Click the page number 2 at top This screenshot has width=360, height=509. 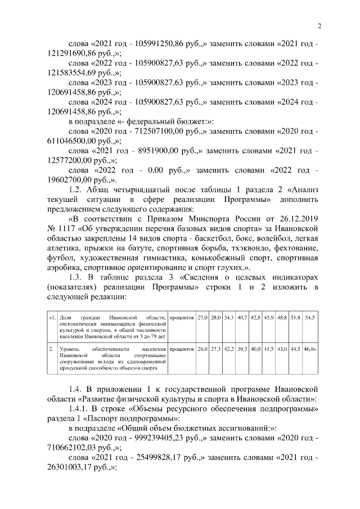pyautogui.click(x=319, y=26)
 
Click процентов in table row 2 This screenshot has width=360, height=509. pyautogui.click(x=182, y=349)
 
